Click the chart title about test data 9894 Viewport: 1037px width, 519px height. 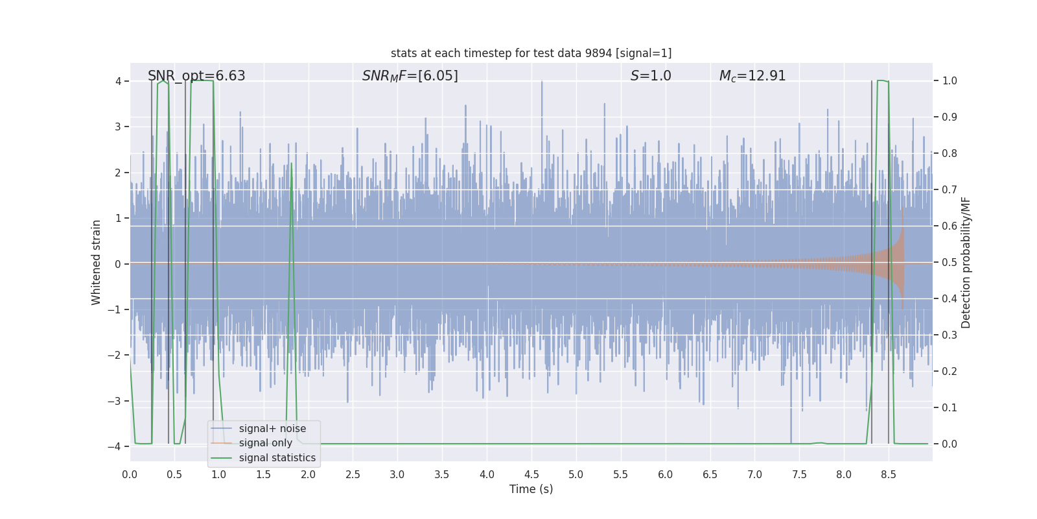tap(531, 53)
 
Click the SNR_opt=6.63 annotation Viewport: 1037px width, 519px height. tap(196, 76)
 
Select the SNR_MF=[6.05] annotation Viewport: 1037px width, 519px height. tap(410, 76)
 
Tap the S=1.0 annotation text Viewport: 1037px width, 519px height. tap(651, 76)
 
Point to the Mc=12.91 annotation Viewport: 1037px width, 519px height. tap(752, 76)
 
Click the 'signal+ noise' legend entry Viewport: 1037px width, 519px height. tap(272, 429)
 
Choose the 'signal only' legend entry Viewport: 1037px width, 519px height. tap(265, 443)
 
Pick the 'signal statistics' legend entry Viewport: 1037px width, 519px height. tap(277, 458)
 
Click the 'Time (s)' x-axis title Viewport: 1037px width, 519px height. tap(531, 489)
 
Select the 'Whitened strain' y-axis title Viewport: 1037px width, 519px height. tap(97, 263)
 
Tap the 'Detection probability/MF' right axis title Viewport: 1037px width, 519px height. tap(966, 263)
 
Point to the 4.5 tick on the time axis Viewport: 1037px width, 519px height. tap(531, 474)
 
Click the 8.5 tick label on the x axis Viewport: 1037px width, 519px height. tap(888, 474)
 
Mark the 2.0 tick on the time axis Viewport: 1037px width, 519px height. tap(308, 474)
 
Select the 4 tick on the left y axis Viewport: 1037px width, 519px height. tap(119, 81)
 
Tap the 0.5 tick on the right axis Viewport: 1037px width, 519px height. tap(949, 263)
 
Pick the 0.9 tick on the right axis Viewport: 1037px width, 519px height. tap(949, 117)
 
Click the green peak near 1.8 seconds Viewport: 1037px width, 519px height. tap(291, 163)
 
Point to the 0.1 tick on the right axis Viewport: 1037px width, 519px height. tap(949, 408)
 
